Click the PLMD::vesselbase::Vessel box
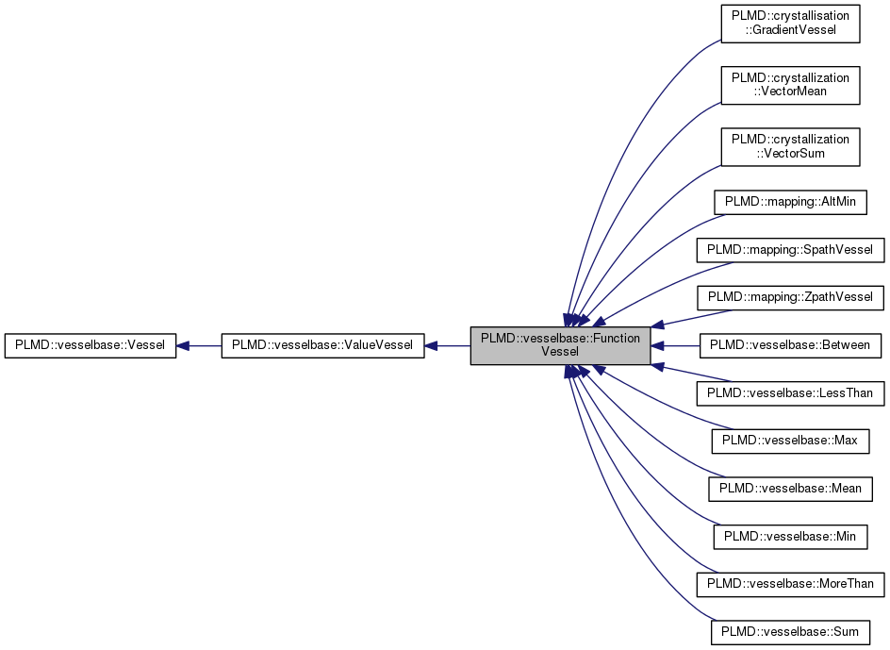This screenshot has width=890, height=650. coord(91,345)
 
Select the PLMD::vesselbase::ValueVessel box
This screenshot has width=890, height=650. coord(321,345)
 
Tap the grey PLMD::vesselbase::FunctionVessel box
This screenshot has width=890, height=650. coord(560,345)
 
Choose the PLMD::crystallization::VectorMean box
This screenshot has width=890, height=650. coord(790,84)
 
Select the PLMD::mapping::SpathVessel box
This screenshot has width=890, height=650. coord(790,250)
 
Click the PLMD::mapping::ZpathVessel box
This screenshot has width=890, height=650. coord(790,298)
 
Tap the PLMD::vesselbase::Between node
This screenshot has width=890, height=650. coord(790,345)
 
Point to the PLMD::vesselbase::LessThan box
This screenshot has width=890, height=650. coord(790,393)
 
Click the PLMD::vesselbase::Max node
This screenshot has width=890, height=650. coord(790,441)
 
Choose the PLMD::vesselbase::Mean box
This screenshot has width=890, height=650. coord(790,489)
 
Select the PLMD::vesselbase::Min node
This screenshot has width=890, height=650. coord(790,536)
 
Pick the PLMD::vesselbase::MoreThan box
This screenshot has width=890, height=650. coord(790,584)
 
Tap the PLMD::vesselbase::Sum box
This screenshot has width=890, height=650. coord(790,631)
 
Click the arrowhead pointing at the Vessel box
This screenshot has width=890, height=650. coord(183,345)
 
